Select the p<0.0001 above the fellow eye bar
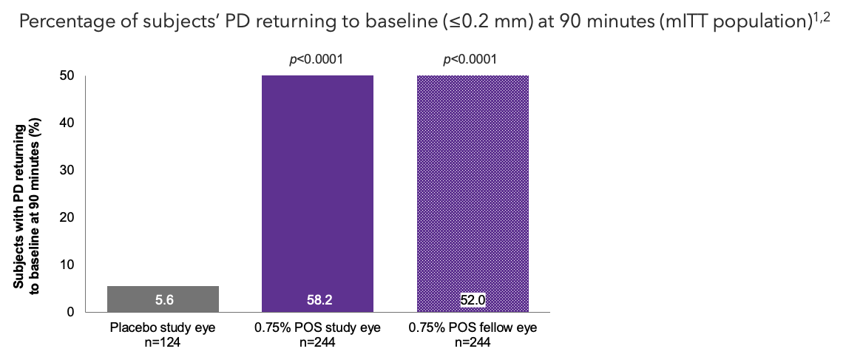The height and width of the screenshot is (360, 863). (470, 60)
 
